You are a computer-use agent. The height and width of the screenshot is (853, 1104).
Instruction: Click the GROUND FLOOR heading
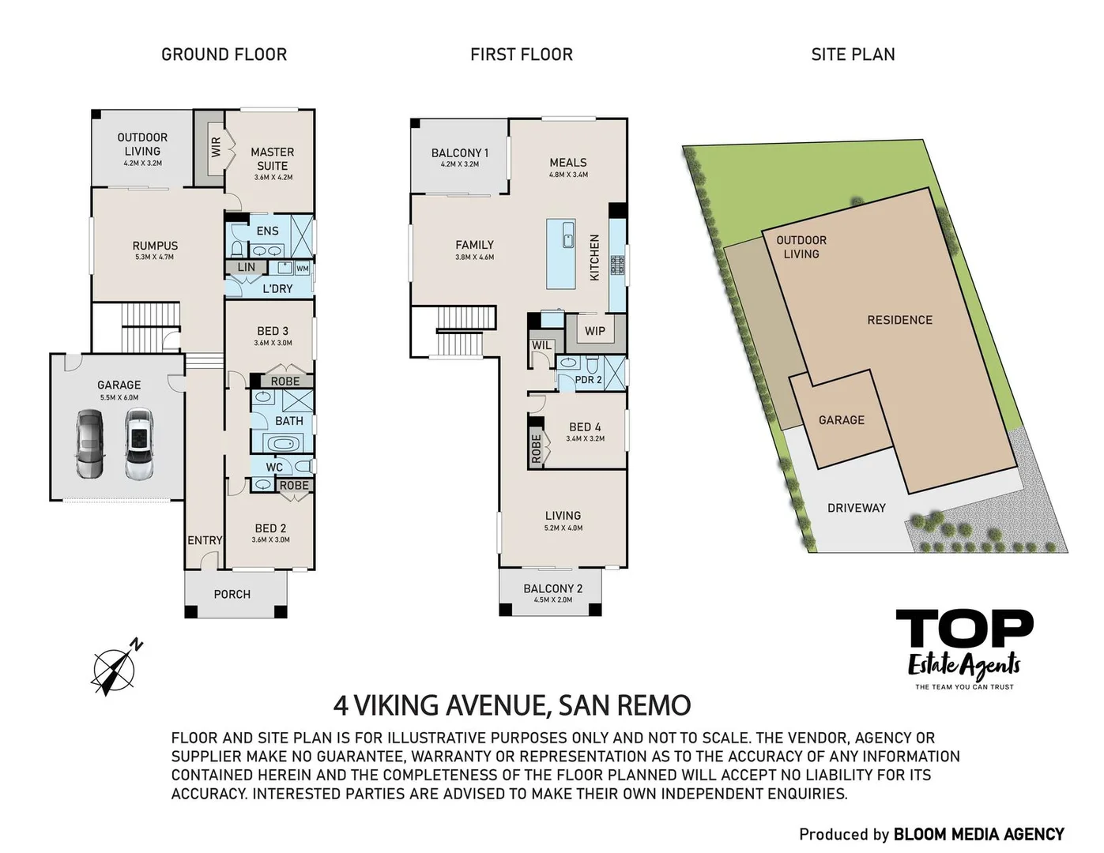point(224,54)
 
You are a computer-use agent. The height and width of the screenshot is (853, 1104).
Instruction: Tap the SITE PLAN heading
point(853,54)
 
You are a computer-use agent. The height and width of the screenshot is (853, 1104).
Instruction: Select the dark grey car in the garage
point(89,445)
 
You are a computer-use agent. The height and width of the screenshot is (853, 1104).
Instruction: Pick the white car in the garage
point(138,445)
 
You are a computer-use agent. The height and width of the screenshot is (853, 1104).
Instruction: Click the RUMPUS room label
point(155,246)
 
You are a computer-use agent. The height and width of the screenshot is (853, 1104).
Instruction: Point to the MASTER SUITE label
point(272,159)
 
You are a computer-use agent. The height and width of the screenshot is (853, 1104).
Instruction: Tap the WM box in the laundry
point(302,269)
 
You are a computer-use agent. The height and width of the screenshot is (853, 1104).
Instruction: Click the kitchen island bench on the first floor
point(566,254)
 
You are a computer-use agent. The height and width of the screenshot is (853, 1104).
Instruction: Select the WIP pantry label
point(595,331)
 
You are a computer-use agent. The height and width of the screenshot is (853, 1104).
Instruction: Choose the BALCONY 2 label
point(552,588)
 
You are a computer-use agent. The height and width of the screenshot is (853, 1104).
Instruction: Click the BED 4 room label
point(585,426)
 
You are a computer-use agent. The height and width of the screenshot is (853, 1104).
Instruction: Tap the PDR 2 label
point(588,380)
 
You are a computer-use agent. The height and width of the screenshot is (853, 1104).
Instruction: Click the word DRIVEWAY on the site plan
point(856,508)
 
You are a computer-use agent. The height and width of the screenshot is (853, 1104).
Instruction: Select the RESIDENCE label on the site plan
point(899,320)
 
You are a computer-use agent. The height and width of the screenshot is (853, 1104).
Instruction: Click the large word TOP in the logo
point(963,630)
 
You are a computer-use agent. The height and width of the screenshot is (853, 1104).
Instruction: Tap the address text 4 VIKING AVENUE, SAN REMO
point(512,705)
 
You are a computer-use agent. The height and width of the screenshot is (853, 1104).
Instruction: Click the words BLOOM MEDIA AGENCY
point(978,834)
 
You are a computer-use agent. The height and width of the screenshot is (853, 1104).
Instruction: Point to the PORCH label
point(232,594)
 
